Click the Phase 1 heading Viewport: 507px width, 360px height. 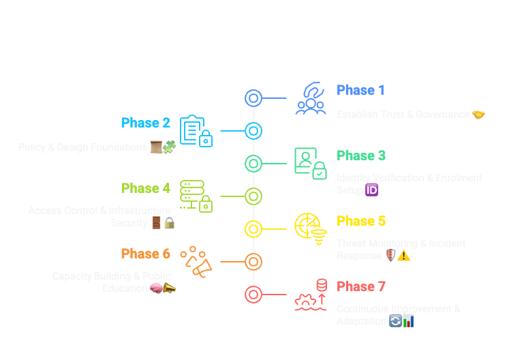360,90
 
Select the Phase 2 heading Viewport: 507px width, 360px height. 145,123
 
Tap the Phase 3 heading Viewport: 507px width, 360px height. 361,155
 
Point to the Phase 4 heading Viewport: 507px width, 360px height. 145,188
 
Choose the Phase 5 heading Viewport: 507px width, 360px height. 361,221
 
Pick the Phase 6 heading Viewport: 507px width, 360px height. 145,254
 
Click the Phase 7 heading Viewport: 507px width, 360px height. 361,286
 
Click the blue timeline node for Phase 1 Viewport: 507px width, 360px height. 253,98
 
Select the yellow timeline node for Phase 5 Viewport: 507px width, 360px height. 253,229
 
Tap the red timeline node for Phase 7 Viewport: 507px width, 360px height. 253,295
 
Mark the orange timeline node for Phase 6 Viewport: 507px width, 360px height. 253,262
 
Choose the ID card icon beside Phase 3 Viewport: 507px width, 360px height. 310,164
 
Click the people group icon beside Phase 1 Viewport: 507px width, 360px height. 311,98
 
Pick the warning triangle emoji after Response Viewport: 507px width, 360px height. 403,256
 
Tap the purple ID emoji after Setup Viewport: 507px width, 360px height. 372,190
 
